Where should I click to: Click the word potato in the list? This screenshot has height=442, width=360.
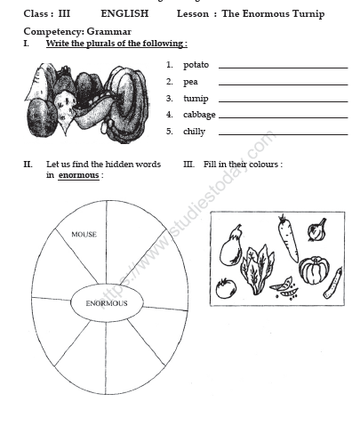pyautogui.click(x=196, y=65)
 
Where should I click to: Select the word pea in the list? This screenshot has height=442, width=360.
pyautogui.click(x=190, y=82)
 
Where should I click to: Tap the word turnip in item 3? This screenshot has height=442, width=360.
pyautogui.click(x=196, y=99)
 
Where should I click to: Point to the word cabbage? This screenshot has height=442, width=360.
pyautogui.click(x=199, y=115)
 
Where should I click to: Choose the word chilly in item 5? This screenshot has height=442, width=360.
pyautogui.click(x=194, y=132)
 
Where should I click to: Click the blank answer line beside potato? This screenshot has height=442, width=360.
pyautogui.click(x=283, y=67)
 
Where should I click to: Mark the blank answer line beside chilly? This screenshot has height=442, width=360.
pyautogui.click(x=283, y=133)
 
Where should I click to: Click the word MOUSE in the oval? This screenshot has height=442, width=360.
pyautogui.click(x=84, y=235)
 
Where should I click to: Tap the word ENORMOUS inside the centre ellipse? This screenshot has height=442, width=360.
pyautogui.click(x=107, y=303)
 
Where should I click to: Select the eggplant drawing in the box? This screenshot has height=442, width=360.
pyautogui.click(x=231, y=245)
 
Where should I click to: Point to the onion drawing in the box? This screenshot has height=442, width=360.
pyautogui.click(x=316, y=230)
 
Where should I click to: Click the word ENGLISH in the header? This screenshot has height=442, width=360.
pyautogui.click(x=124, y=14)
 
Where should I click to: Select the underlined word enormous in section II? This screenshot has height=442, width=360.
pyautogui.click(x=78, y=176)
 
